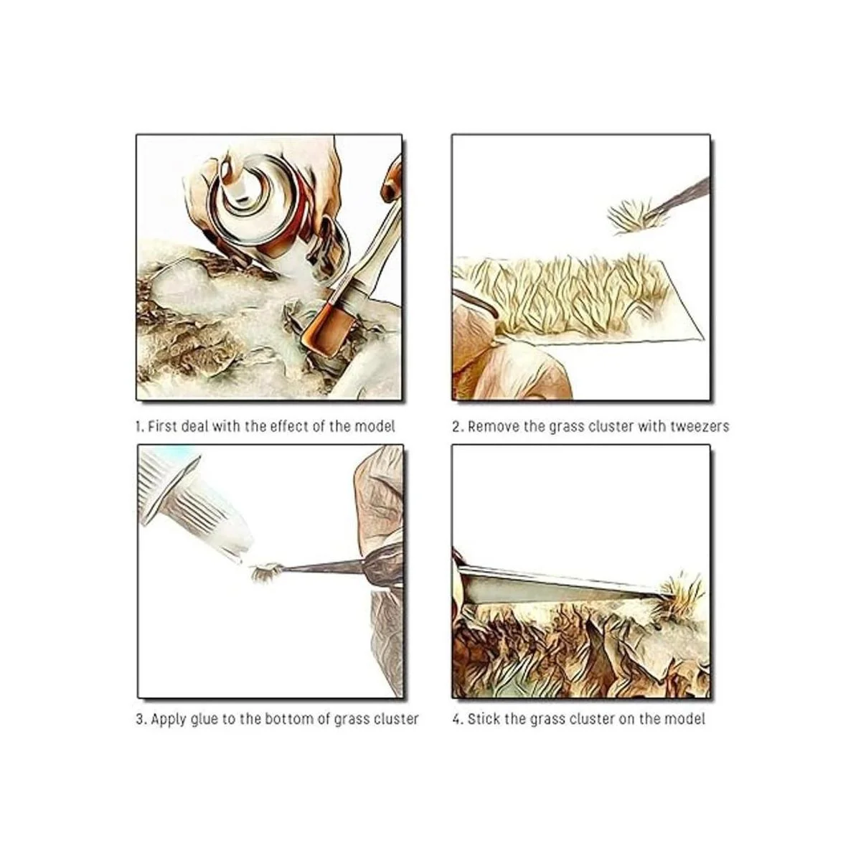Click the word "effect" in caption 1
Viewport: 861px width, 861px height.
pos(288,426)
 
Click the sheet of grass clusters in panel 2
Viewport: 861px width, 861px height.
pos(581,298)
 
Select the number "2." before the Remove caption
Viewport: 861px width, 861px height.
pos(458,426)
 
